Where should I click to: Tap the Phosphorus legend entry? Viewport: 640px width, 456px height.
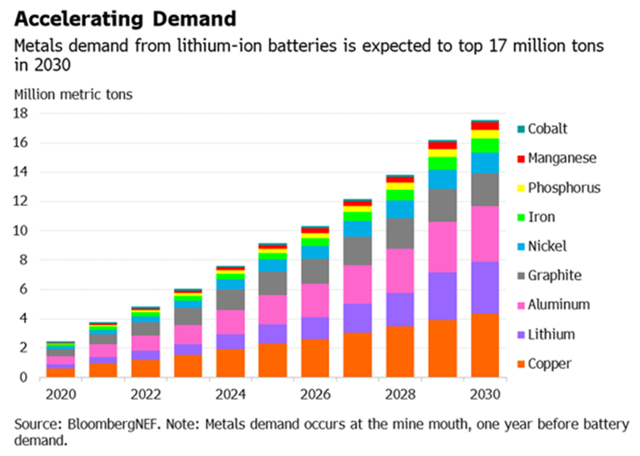(564, 188)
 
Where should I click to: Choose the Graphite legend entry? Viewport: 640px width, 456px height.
(554, 276)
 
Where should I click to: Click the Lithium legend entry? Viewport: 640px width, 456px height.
(551, 334)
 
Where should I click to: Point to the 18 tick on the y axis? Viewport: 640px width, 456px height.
(21, 113)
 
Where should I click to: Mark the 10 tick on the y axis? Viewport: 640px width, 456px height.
(21, 231)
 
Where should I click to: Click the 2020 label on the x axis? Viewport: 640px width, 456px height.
(61, 395)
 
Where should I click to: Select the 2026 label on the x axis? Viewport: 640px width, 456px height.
(316, 395)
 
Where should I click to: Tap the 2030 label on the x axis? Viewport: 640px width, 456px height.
(485, 395)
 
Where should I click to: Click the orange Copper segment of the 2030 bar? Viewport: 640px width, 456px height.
(485, 345)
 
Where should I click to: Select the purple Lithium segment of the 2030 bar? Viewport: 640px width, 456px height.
(485, 287)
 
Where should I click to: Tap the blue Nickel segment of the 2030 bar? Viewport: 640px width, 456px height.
(485, 163)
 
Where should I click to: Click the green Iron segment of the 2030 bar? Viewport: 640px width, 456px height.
(485, 145)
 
